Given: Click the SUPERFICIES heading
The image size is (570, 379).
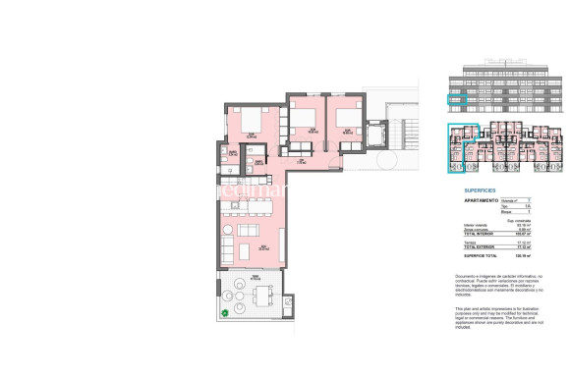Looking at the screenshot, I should pyautogui.click(x=467, y=189).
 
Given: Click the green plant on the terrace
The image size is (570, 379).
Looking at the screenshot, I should pyautogui.click(x=226, y=312).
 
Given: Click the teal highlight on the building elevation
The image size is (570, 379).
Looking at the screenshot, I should pyautogui.click(x=456, y=99).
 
